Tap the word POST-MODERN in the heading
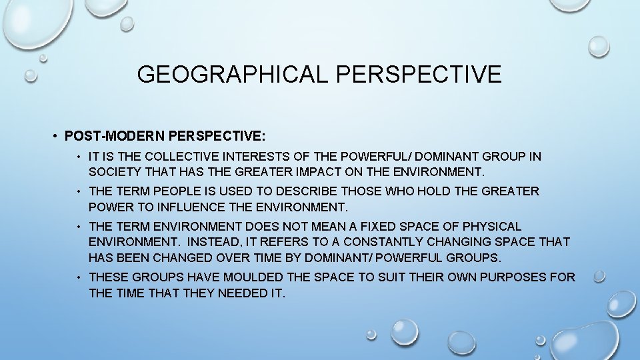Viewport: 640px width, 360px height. coord(115,136)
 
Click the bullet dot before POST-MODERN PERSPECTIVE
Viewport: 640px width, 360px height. coord(55,136)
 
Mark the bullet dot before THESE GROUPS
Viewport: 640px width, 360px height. coord(79,277)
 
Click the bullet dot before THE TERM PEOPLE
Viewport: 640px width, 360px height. coord(79,191)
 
